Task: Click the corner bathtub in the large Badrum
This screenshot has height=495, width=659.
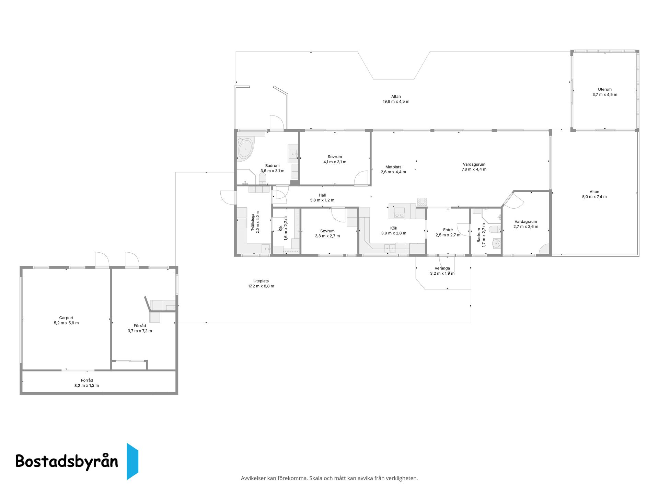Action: point(245,149)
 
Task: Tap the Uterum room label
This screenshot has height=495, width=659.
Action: point(605,89)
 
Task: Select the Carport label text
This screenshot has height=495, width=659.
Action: point(66,318)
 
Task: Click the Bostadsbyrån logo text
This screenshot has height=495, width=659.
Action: point(67,461)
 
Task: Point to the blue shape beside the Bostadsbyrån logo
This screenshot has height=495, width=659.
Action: point(132,461)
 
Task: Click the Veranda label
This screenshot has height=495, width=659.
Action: point(442,268)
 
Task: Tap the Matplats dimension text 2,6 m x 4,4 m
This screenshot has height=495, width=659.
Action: point(393,172)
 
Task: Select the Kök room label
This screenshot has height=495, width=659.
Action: point(394,228)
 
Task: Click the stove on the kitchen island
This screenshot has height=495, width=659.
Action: point(399,213)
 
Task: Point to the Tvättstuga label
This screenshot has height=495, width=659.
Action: point(253,222)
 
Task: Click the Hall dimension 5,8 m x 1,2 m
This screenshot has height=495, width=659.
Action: point(322,200)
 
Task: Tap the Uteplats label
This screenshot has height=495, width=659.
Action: point(261,281)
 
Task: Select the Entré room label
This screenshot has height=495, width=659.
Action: point(448,230)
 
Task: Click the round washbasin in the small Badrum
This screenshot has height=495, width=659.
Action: point(496,244)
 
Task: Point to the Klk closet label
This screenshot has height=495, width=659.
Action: point(280,228)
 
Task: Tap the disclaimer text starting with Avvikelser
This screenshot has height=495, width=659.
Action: point(329,478)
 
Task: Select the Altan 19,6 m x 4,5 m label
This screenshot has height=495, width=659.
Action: point(396,99)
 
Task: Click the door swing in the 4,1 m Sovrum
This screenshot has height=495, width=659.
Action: point(361,178)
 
